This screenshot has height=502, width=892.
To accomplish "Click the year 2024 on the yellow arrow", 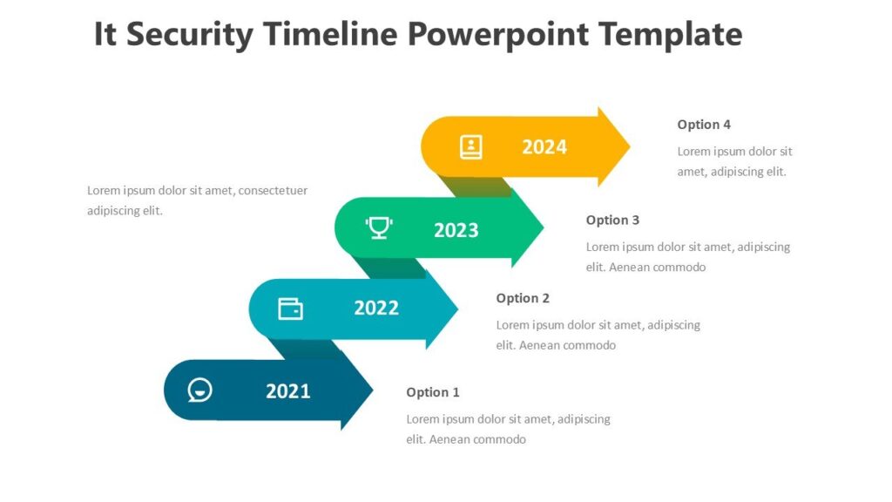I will (544, 147).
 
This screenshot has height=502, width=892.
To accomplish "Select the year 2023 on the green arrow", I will (456, 230).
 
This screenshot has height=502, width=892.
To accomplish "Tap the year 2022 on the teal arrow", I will (376, 308).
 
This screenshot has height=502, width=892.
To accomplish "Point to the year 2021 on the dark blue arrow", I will (288, 391).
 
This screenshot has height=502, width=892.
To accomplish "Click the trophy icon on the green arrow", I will (378, 228).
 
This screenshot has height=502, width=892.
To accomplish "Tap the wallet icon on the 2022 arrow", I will (290, 309).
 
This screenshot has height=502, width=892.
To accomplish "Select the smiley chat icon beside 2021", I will (200, 390).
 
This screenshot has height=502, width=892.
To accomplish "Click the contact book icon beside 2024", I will (470, 146).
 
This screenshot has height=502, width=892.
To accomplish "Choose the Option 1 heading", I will (433, 392).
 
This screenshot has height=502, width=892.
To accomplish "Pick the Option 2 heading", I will (523, 298).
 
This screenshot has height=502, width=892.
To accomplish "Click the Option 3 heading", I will (612, 220).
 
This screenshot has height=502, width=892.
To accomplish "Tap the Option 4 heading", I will (704, 125).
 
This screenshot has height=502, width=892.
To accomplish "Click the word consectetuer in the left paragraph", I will (273, 190).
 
